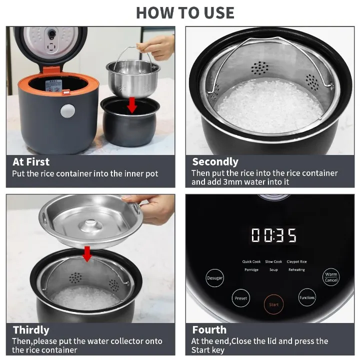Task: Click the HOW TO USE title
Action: click(x=185, y=12)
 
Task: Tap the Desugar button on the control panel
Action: click(x=214, y=278)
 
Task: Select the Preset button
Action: click(x=240, y=298)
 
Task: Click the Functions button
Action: click(x=307, y=297)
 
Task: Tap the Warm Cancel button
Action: click(x=331, y=277)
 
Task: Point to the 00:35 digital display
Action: click(x=273, y=235)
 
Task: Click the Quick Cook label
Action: click(x=251, y=261)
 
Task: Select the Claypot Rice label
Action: click(x=296, y=261)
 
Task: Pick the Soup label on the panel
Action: click(x=273, y=270)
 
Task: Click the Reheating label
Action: click(x=296, y=270)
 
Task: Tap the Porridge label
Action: click(x=251, y=270)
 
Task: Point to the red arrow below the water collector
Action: click(x=87, y=253)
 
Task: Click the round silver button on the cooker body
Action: click(x=67, y=110)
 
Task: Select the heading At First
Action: click(x=31, y=162)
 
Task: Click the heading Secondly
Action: click(x=215, y=162)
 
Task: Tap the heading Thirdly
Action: click(x=31, y=330)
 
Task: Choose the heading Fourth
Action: click(x=209, y=330)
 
